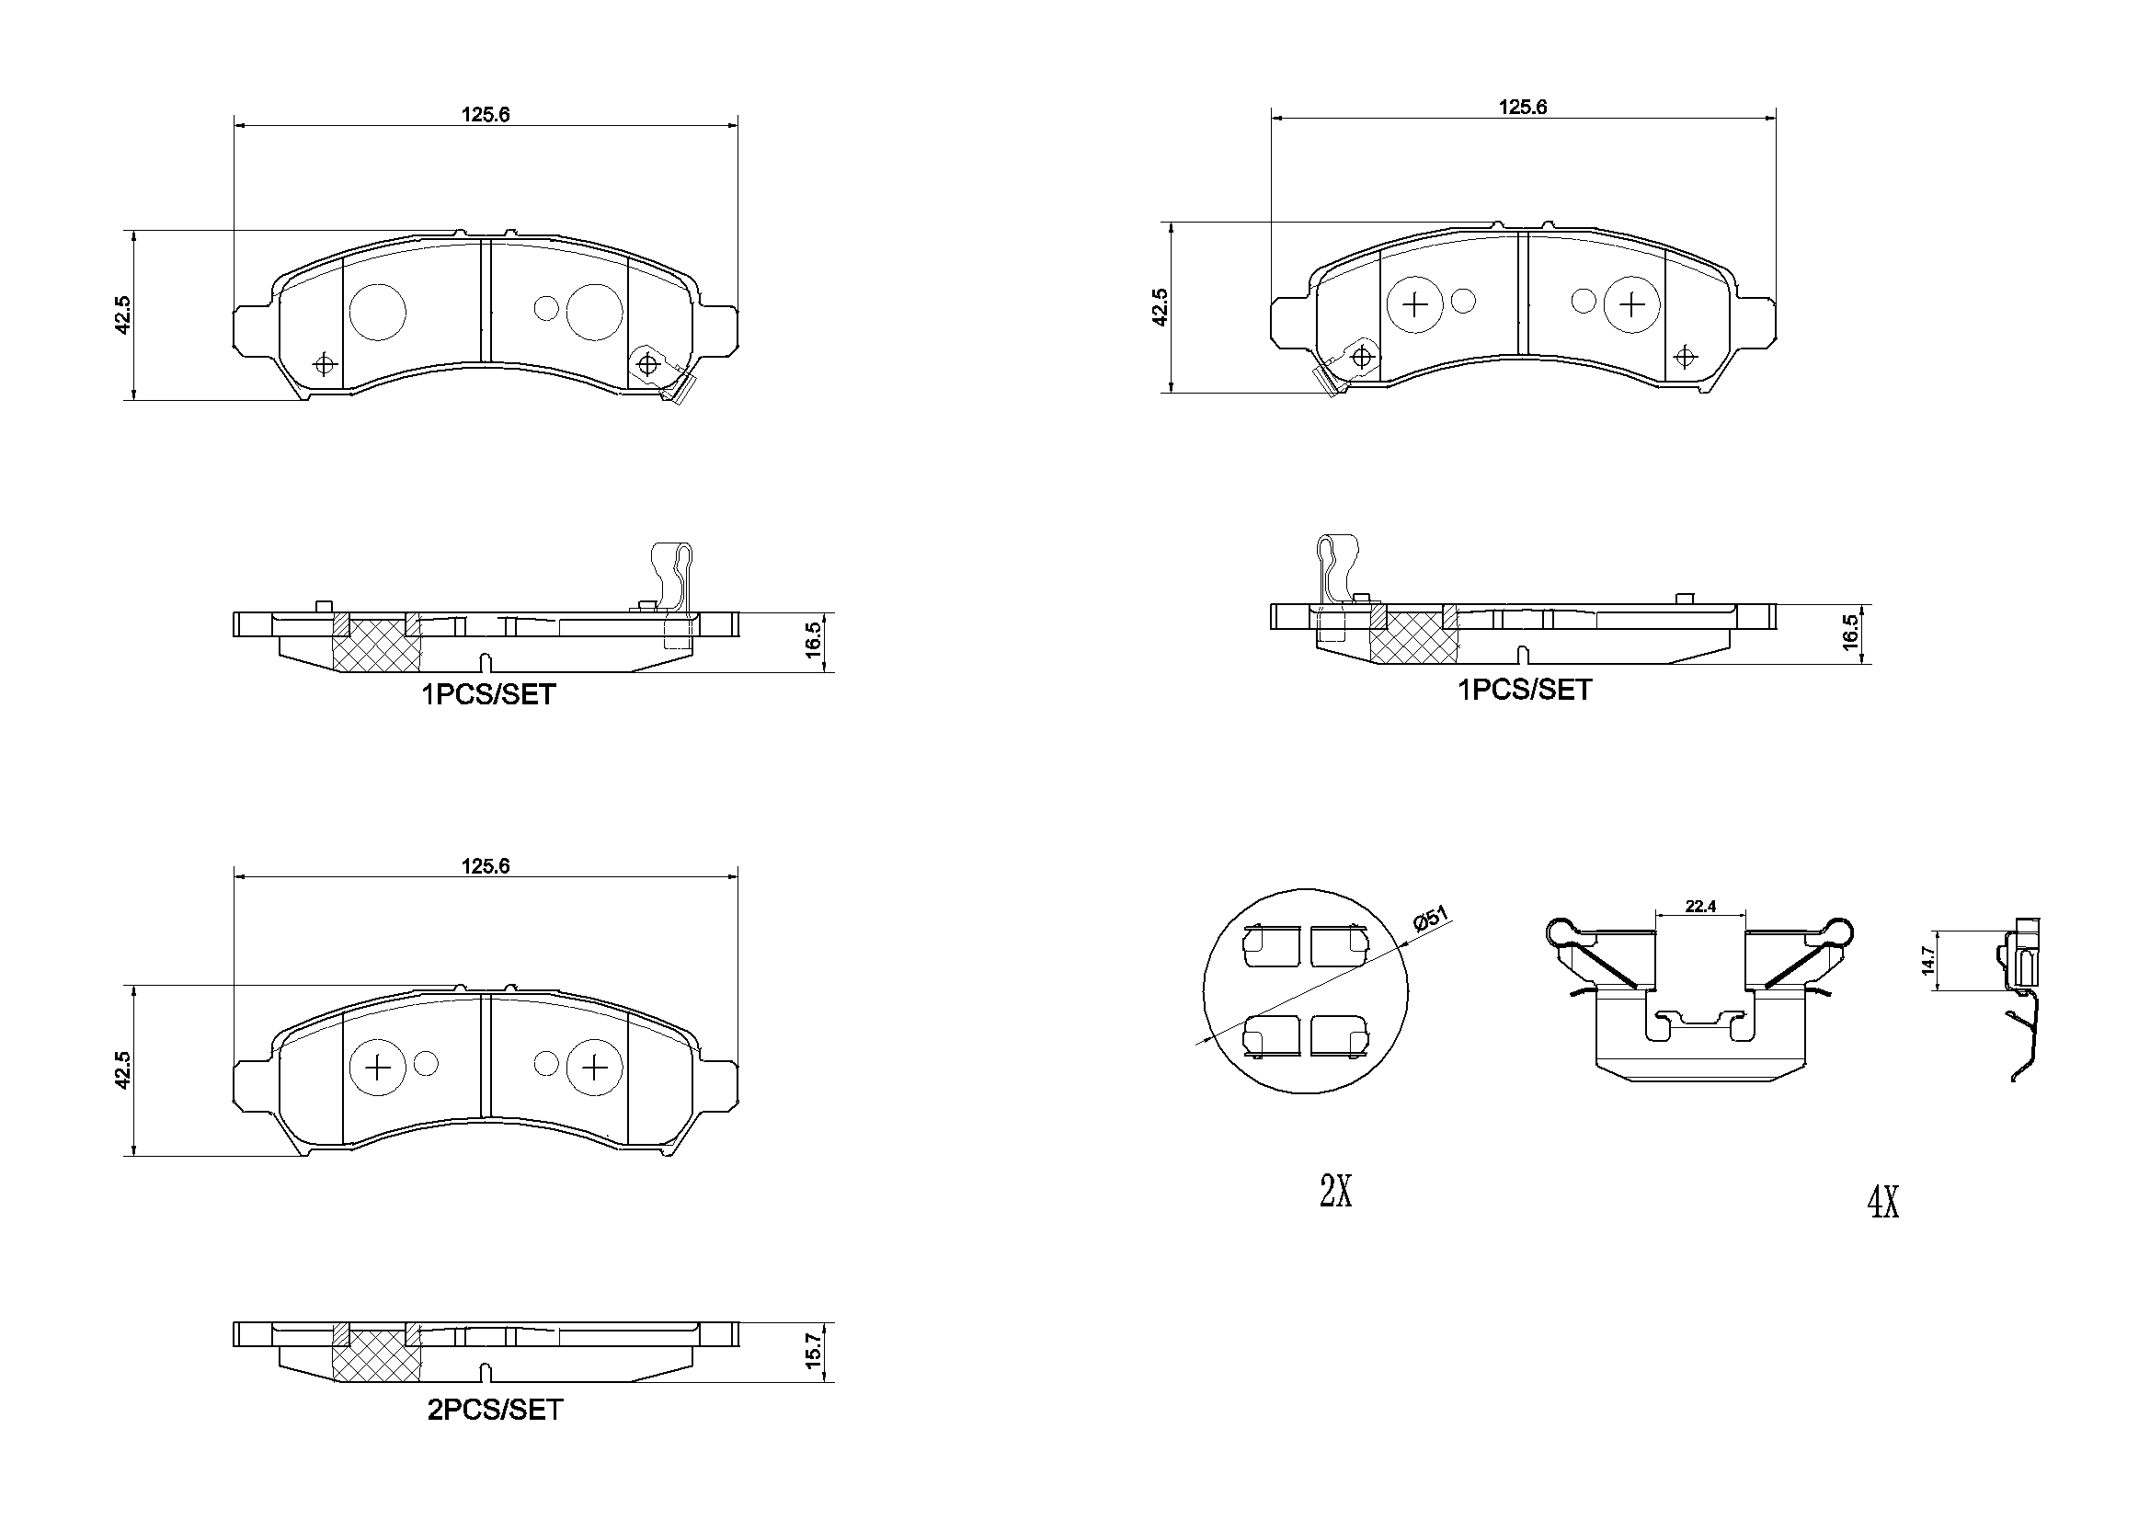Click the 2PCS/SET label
496,1410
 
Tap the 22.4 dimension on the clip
1699,906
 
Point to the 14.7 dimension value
1927,960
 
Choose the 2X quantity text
1335,1192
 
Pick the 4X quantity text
1883,1202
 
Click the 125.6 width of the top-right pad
1523,107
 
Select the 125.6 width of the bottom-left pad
485,866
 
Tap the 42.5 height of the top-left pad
122,314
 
